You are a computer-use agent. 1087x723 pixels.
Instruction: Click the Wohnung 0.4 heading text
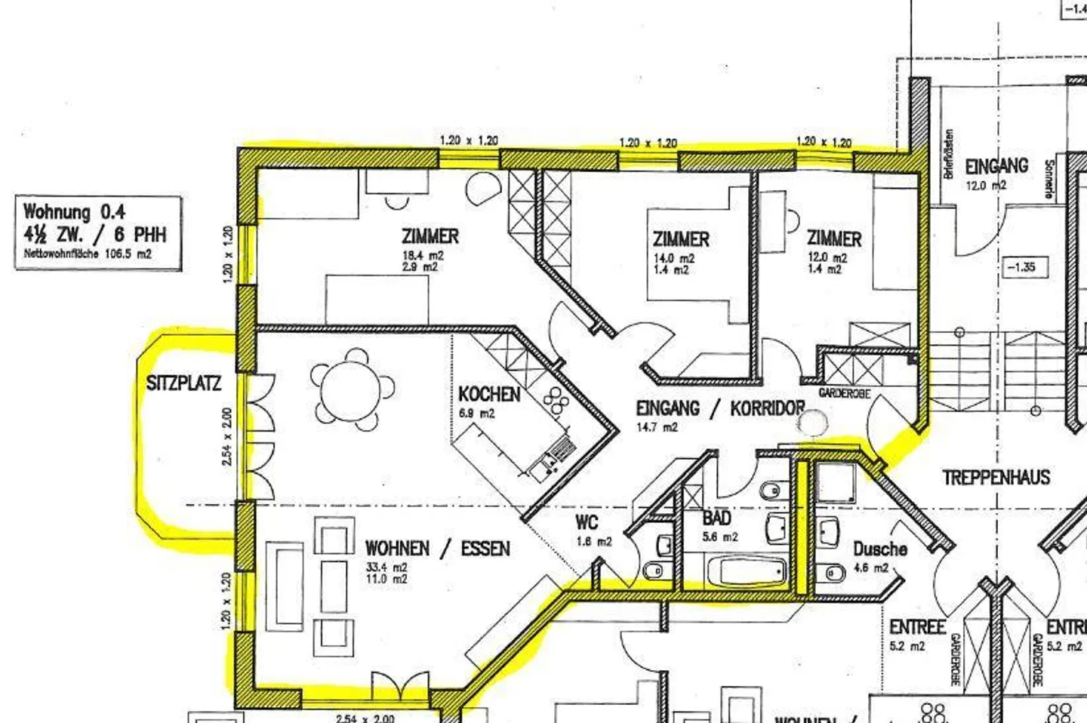[x=74, y=211]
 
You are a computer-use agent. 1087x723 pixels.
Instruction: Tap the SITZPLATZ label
[x=183, y=383]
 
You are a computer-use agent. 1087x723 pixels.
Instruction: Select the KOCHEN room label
[x=489, y=394]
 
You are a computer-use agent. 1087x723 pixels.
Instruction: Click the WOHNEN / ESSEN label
[x=437, y=549]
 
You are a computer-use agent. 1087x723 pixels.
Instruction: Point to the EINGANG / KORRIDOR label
[x=720, y=409]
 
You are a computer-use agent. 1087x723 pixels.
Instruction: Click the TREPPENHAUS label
[x=996, y=478]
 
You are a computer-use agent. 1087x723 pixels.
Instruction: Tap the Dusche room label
[x=879, y=549]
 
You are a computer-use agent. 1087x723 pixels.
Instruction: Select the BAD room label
[x=716, y=518]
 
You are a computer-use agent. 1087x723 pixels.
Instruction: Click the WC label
[x=587, y=522]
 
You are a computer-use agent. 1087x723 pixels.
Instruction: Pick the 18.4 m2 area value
[x=423, y=256]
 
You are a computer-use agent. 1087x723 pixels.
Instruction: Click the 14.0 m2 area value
[x=673, y=258]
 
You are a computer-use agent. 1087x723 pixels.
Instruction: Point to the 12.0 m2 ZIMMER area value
[x=827, y=257]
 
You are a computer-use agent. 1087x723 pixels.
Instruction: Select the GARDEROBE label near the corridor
[x=844, y=394]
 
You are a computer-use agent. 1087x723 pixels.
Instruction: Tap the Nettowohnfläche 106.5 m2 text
[x=87, y=254]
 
